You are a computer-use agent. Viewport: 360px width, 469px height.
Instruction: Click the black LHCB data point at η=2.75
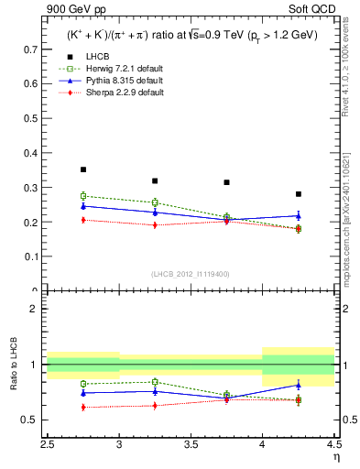83,169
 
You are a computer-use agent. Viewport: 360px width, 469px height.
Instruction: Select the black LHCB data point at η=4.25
299,194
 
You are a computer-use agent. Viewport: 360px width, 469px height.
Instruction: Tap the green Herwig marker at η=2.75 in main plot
83,196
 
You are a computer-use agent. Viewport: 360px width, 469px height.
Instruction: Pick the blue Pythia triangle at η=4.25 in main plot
299,215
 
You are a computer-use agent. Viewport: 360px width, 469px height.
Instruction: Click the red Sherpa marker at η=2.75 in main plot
83,220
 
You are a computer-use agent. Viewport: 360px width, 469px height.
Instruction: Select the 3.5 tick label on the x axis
191,443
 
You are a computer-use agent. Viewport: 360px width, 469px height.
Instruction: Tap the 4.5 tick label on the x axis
333,443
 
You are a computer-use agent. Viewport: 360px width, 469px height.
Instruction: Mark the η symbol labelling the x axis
335,455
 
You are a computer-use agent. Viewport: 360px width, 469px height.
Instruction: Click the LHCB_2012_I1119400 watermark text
191,274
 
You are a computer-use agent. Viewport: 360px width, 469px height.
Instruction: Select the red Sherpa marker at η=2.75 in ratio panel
83,407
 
